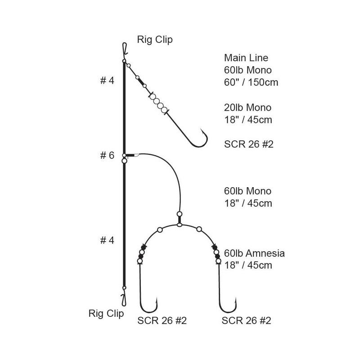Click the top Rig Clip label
click(155, 40)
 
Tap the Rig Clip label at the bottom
click(106, 313)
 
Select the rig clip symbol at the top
click(125, 49)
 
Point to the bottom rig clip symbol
click(124, 300)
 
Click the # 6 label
click(107, 155)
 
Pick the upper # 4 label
click(107, 81)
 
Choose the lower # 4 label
click(107, 240)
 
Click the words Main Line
click(246, 58)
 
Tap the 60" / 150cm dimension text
click(251, 82)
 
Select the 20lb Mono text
click(248, 108)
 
